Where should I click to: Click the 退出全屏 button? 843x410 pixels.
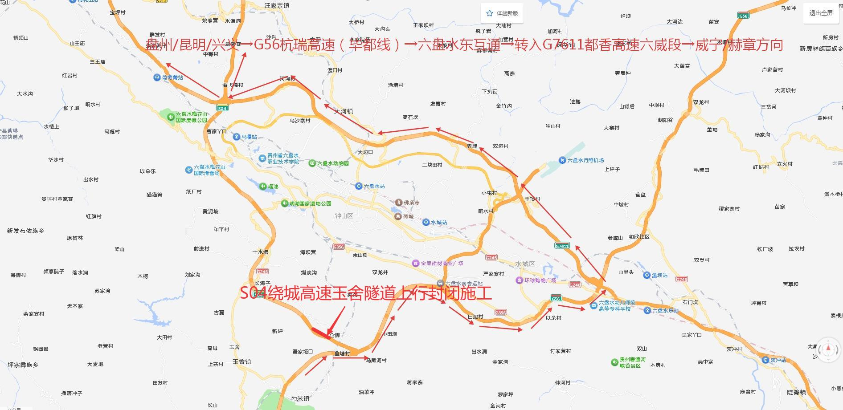(x=821, y=13)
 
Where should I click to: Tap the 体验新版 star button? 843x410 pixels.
(x=502, y=13)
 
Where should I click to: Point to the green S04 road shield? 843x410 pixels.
(x=222, y=108)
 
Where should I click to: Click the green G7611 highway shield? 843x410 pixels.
(x=562, y=246)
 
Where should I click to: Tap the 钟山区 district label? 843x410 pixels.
(x=344, y=216)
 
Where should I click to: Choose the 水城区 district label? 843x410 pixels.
(x=525, y=264)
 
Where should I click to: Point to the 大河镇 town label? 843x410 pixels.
(x=344, y=111)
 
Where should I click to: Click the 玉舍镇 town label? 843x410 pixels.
(x=241, y=361)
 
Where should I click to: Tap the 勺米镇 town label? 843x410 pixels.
(x=300, y=398)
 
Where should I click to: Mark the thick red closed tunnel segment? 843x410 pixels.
(x=320, y=333)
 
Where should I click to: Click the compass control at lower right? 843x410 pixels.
(x=828, y=350)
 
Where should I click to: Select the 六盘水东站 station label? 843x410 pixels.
(x=665, y=310)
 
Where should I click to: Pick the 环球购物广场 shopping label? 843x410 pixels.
(x=540, y=280)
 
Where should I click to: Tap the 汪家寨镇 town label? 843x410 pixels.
(x=277, y=6)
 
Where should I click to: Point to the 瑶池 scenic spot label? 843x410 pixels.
(x=272, y=187)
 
